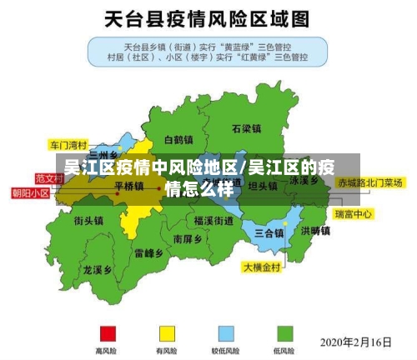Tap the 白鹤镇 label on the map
point(179,139)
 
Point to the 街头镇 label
point(88,221)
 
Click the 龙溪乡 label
point(98,270)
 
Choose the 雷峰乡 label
point(148,252)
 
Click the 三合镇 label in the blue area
point(269,232)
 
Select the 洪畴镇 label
point(316,231)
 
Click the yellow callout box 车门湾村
point(68,143)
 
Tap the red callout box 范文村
point(49,178)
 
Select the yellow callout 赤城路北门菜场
point(369,182)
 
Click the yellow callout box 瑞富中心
point(353,214)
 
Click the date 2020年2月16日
point(356,342)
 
